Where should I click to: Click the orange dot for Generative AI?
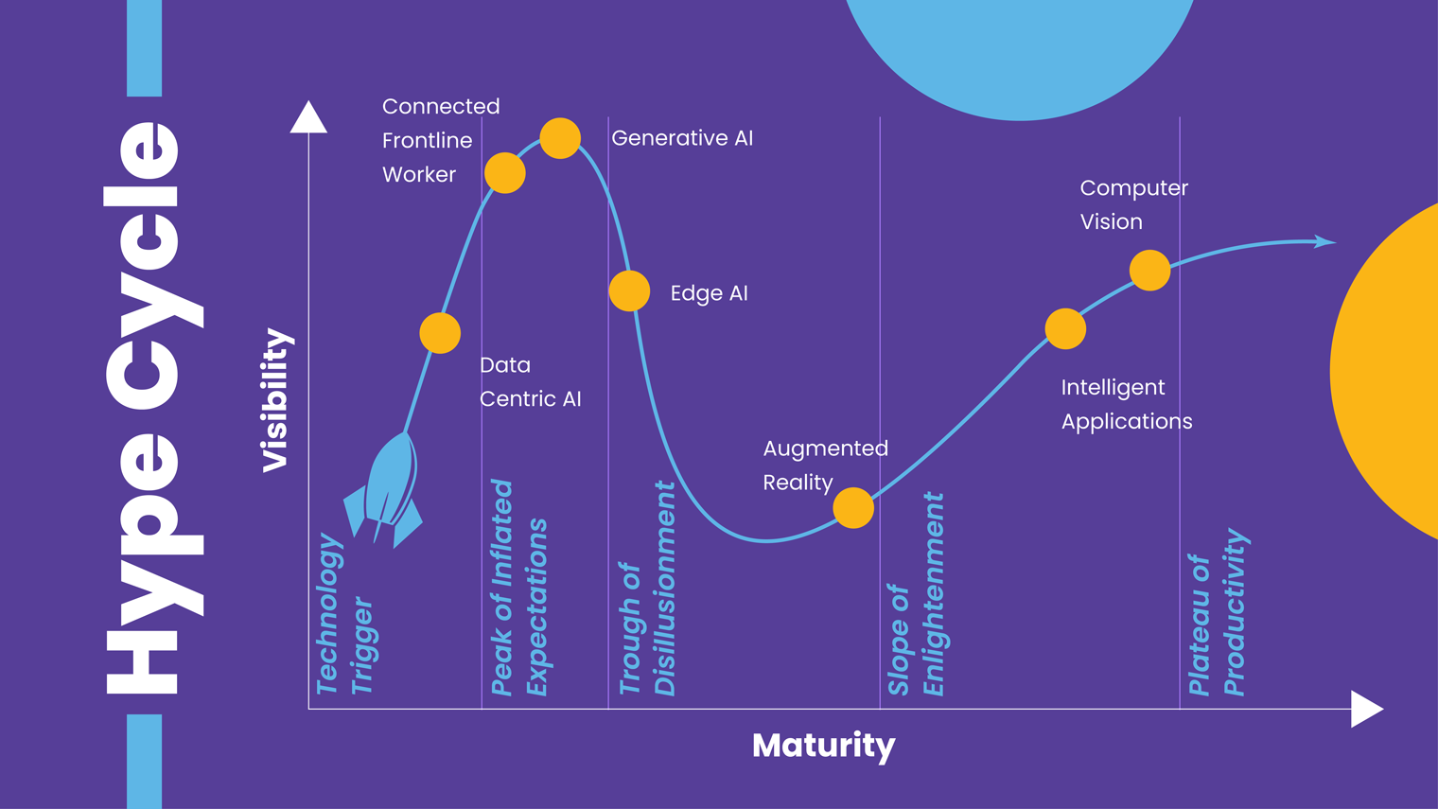[560, 138]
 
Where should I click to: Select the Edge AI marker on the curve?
[629, 290]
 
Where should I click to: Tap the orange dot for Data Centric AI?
[440, 333]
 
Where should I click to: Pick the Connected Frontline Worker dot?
[504, 173]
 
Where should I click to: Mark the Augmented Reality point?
[853, 508]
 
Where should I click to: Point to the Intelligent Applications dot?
[1065, 328]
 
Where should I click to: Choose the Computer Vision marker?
[1149, 271]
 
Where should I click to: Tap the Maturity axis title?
[823, 746]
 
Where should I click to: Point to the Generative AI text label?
[682, 138]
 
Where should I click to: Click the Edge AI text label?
[709, 293]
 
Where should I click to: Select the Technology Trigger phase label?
[344, 615]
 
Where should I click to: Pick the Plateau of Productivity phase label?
[1218, 615]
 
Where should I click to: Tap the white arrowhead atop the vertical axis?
[308, 118]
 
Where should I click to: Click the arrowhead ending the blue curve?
[1325, 242]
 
